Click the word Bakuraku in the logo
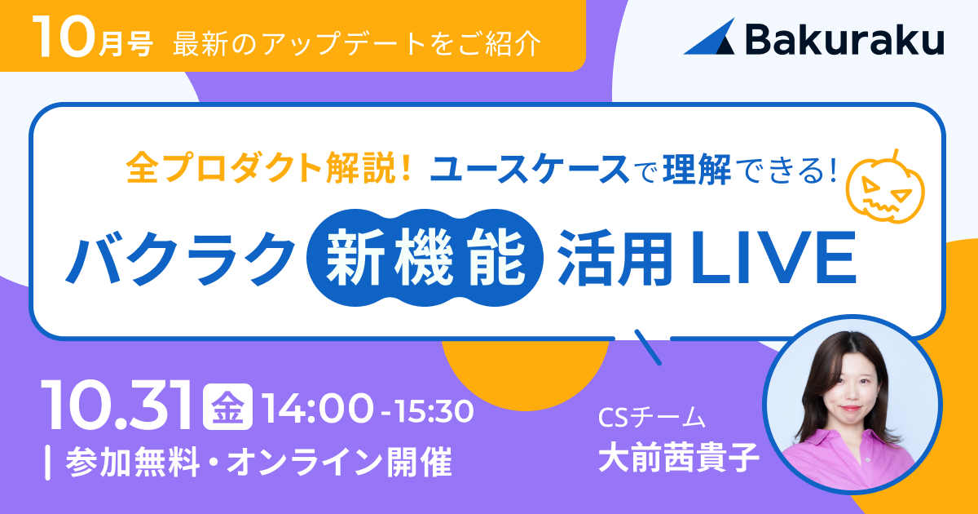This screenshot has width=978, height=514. (x=845, y=39)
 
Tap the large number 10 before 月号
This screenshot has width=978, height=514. (x=64, y=37)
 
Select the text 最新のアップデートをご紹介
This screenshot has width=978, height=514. (x=357, y=43)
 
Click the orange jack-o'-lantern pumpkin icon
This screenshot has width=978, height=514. (x=885, y=188)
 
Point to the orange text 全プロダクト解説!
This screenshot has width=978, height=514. (x=269, y=168)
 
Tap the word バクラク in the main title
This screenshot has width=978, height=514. (x=180, y=258)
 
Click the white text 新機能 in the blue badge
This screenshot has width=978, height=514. (x=425, y=257)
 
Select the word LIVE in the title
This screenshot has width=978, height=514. (x=772, y=258)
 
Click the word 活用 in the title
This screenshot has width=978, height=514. (x=615, y=258)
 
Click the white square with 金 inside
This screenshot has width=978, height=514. (x=227, y=406)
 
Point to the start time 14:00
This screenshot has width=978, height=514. (x=317, y=409)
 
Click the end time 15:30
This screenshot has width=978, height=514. (x=434, y=411)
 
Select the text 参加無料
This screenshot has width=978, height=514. (x=133, y=462)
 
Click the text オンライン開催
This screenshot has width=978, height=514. (x=339, y=462)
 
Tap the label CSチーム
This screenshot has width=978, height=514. (x=652, y=418)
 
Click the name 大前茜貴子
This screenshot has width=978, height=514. (x=678, y=458)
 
